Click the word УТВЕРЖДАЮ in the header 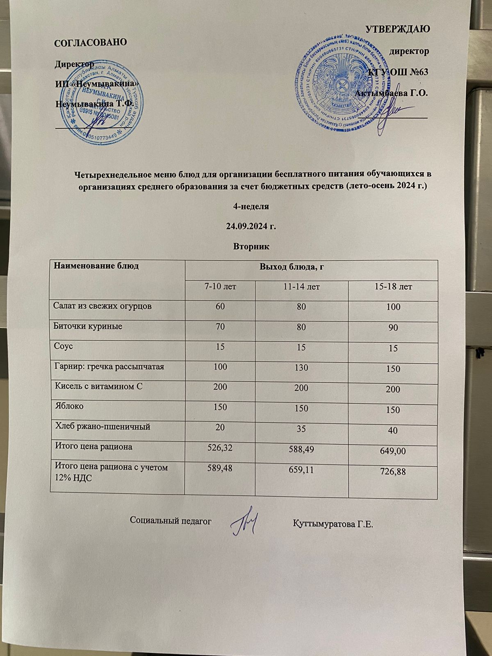[397, 29]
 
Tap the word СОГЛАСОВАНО [91, 42]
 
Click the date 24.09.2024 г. [251, 226]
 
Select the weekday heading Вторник [251, 247]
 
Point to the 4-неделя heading [251, 206]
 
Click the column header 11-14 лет [301, 287]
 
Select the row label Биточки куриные [88, 326]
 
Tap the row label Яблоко [69, 406]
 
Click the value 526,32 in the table [220, 448]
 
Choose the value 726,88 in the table [393, 472]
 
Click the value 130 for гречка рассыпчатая [301, 368]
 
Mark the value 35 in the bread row [301, 428]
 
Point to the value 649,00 [393, 451]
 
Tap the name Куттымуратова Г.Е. [333, 524]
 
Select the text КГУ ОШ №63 [398, 72]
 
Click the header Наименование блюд [96, 266]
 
